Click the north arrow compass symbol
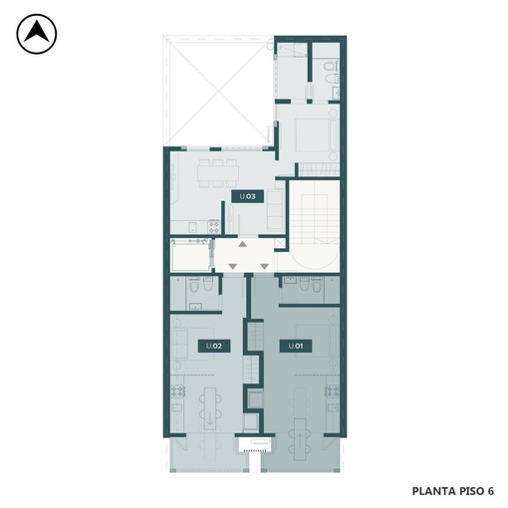coord(37,34)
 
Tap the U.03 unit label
coord(248,196)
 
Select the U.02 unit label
coord(214,346)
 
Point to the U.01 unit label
coord(296,346)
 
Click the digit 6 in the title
coord(490,491)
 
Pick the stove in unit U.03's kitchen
coord(214,227)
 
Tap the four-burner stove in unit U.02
coord(177,391)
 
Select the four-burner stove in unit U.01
coord(332,391)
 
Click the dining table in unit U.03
coord(218,173)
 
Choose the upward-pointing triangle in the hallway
coord(243,244)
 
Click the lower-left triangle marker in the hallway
coord(232,266)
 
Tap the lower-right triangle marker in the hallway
coord(264,266)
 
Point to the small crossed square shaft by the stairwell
coord(280,243)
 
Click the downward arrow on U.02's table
coord(210,419)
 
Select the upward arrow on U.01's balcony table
coord(300,441)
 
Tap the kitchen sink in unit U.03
coord(192,227)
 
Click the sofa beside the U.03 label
coord(275,210)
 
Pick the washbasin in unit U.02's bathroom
coord(195,307)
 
